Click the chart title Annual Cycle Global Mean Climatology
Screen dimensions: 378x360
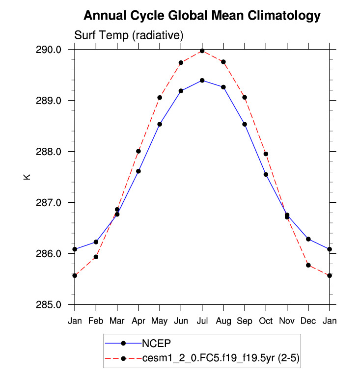pyautogui.click(x=202, y=16)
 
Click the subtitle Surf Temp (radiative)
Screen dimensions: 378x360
pyautogui.click(x=129, y=35)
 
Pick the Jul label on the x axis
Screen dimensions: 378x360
pyautogui.click(x=202, y=321)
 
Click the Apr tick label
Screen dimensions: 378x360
pyautogui.click(x=138, y=321)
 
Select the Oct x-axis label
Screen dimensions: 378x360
pyautogui.click(x=266, y=321)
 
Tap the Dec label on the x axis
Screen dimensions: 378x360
pyautogui.click(x=308, y=321)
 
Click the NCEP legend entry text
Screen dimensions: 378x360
pyautogui.click(x=156, y=343)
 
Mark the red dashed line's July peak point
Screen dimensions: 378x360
pyautogui.click(x=202, y=51)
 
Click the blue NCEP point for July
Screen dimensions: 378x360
pyautogui.click(x=202, y=80)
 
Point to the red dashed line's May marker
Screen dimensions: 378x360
pyautogui.click(x=160, y=97)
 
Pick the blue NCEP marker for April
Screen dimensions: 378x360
pyautogui.click(x=138, y=171)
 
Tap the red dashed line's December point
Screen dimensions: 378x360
pyautogui.click(x=308, y=265)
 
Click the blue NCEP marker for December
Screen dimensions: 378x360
pyautogui.click(x=308, y=239)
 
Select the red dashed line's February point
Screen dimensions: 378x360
pyautogui.click(x=96, y=257)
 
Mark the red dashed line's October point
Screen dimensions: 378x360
pyautogui.click(x=266, y=154)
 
